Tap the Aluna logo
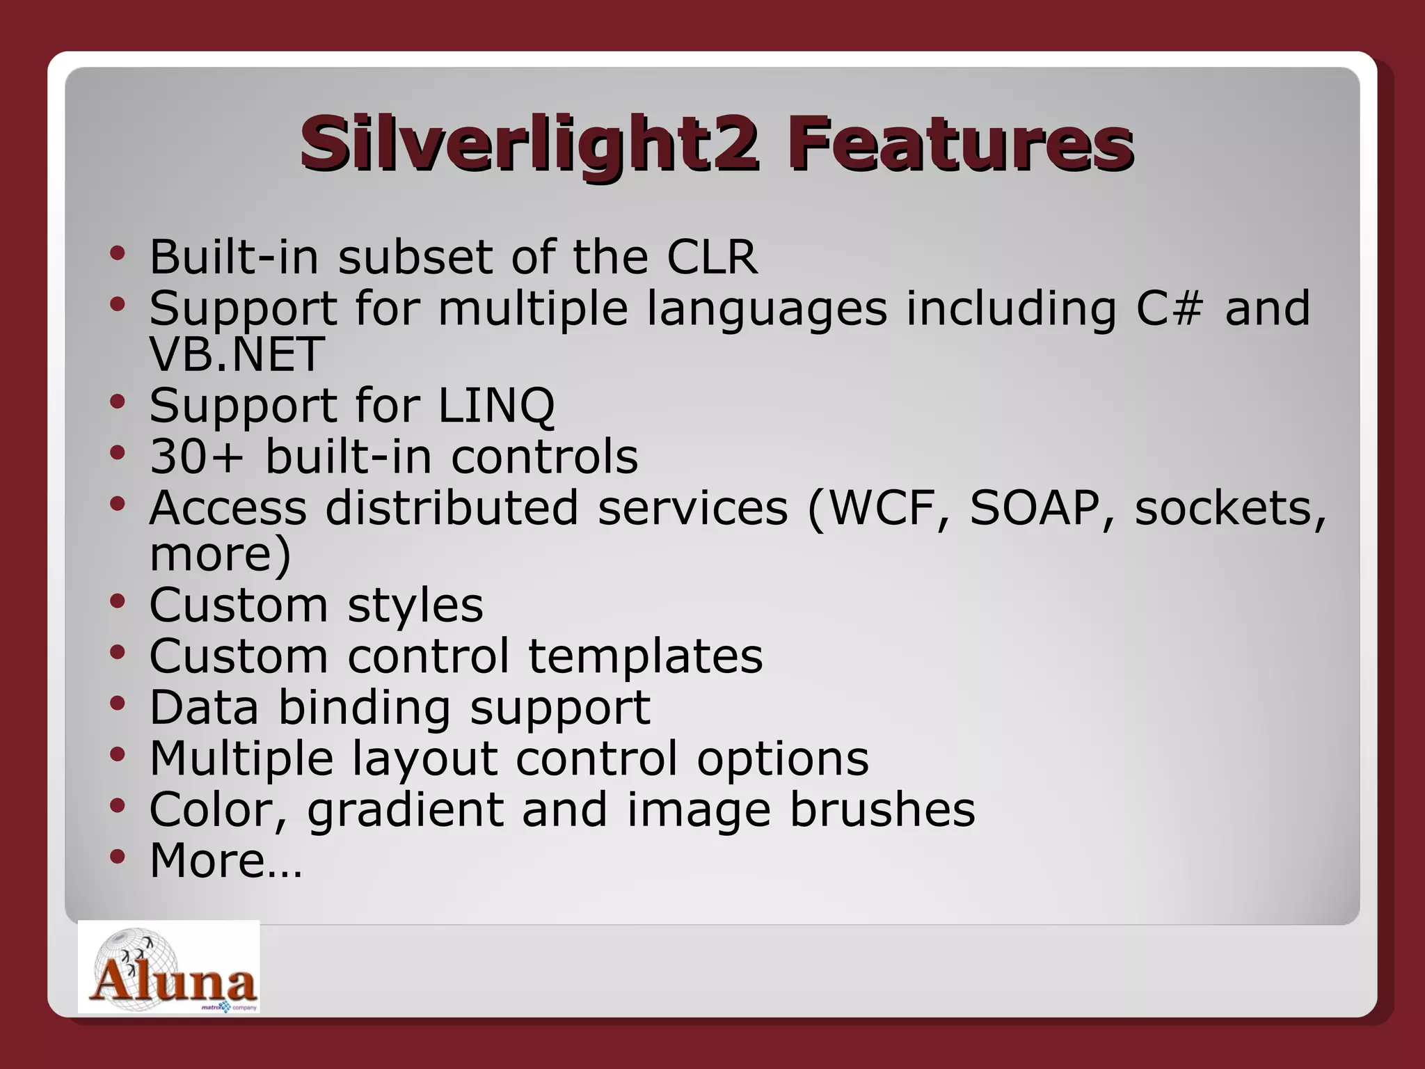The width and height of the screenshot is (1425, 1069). [169, 967]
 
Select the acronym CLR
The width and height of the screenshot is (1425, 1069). [712, 257]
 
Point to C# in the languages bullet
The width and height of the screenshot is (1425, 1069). [1169, 308]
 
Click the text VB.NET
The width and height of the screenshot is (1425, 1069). [237, 354]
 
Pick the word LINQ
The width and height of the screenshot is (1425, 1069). [496, 406]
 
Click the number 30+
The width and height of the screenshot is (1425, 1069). [197, 457]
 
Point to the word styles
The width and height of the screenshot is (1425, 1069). [415, 605]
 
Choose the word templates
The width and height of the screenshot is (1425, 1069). [645, 656]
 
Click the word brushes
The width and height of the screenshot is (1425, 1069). [882, 809]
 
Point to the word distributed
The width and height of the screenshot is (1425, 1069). [452, 508]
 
